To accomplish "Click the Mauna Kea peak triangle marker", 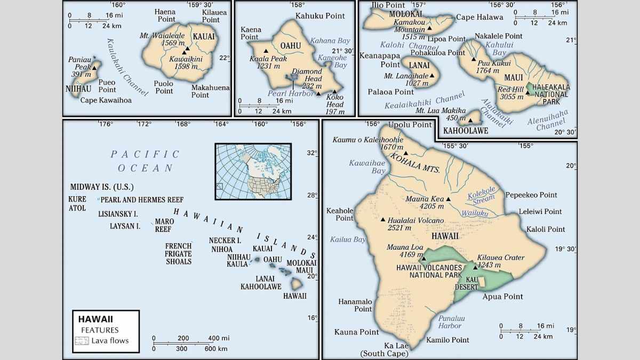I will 448,199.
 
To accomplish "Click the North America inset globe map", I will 253,171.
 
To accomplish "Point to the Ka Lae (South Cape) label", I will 385,349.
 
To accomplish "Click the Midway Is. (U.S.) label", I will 102,187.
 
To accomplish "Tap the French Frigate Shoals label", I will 178,254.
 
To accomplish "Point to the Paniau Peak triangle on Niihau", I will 94,68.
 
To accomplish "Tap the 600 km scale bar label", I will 213,348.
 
